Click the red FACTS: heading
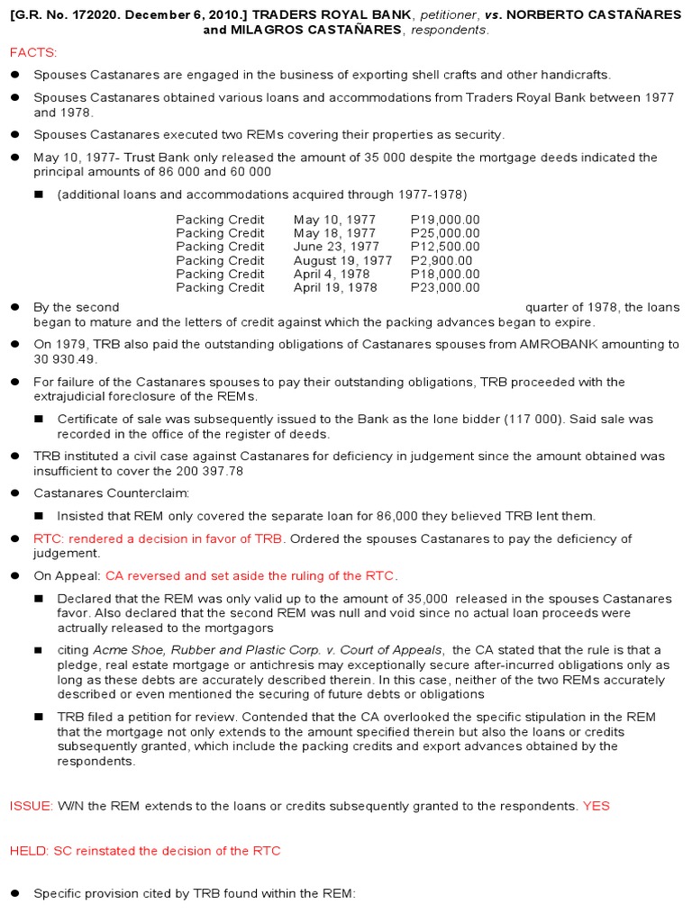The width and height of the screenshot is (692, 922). pyautogui.click(x=32, y=53)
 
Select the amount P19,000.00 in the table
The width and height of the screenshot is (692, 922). pyautogui.click(x=445, y=220)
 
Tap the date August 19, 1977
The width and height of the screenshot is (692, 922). pyautogui.click(x=342, y=260)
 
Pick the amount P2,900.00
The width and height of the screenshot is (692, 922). pyautogui.click(x=442, y=260)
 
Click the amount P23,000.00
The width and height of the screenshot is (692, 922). pyautogui.click(x=445, y=287)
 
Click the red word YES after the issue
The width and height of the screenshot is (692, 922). pyautogui.click(x=596, y=806)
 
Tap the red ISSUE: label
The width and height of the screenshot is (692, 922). pyautogui.click(x=32, y=806)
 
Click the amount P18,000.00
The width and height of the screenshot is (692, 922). pyautogui.click(x=445, y=274)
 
